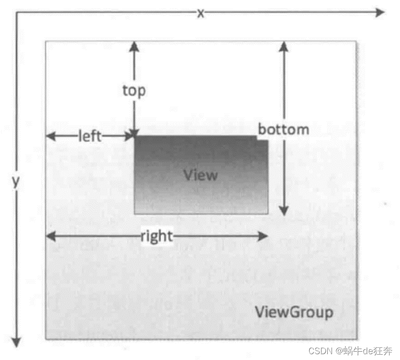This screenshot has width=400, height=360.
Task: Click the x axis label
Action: point(200,13)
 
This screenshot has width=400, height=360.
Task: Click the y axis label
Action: point(16,182)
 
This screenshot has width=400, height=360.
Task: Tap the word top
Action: point(134,90)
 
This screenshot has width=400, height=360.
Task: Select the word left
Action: point(90,136)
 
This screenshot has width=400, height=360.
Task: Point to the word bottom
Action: point(283,130)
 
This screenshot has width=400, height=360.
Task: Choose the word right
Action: point(156,236)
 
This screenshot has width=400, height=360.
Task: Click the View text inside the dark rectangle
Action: point(201,175)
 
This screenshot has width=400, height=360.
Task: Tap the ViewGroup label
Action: point(294,312)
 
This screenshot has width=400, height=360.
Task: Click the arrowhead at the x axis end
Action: point(380,13)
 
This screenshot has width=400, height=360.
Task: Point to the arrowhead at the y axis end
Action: point(17,343)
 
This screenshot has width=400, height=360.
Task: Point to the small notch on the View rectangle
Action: point(262,139)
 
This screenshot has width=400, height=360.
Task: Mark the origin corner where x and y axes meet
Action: point(17,14)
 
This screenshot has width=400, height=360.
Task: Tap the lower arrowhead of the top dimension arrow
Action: point(134,133)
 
